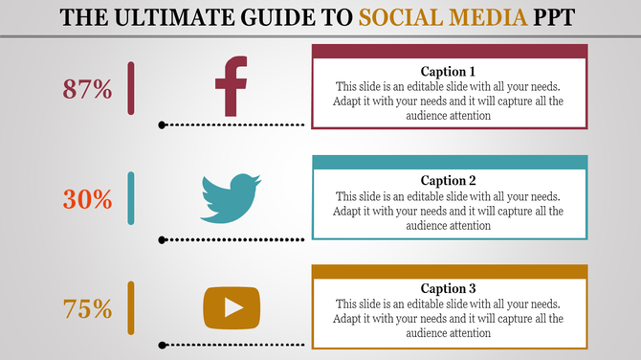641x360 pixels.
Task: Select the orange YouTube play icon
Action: click(231, 306)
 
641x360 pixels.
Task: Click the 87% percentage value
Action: click(88, 90)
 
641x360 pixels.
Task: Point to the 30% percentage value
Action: click(88, 200)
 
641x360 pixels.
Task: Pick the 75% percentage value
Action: click(88, 309)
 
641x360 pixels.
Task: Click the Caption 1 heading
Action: click(449, 71)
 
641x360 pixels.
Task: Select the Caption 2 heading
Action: click(449, 180)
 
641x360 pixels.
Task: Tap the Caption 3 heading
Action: click(449, 288)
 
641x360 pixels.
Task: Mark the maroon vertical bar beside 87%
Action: click(131, 88)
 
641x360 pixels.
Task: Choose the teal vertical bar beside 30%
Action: click(131, 198)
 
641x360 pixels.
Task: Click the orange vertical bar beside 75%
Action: click(131, 307)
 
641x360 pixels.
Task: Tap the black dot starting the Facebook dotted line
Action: click(163, 124)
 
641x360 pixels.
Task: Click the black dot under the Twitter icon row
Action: click(163, 239)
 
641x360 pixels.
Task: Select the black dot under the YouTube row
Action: click(163, 344)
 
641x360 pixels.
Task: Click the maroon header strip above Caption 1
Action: click(449, 51)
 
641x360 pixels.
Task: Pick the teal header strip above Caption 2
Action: click(449, 162)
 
